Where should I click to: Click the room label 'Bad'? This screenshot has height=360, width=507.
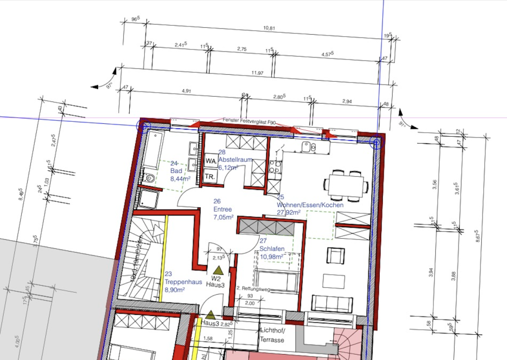tap(176, 171)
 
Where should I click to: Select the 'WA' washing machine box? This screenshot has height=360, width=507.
tap(210, 161)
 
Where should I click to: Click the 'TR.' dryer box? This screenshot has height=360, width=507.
tap(210, 176)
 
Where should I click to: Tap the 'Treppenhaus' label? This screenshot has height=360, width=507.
tap(183, 281)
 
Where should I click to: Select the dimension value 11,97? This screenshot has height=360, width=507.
tap(256, 73)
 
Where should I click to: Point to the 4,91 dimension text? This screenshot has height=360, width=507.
tap(187, 91)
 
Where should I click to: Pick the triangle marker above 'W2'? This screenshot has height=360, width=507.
tap(218, 270)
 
